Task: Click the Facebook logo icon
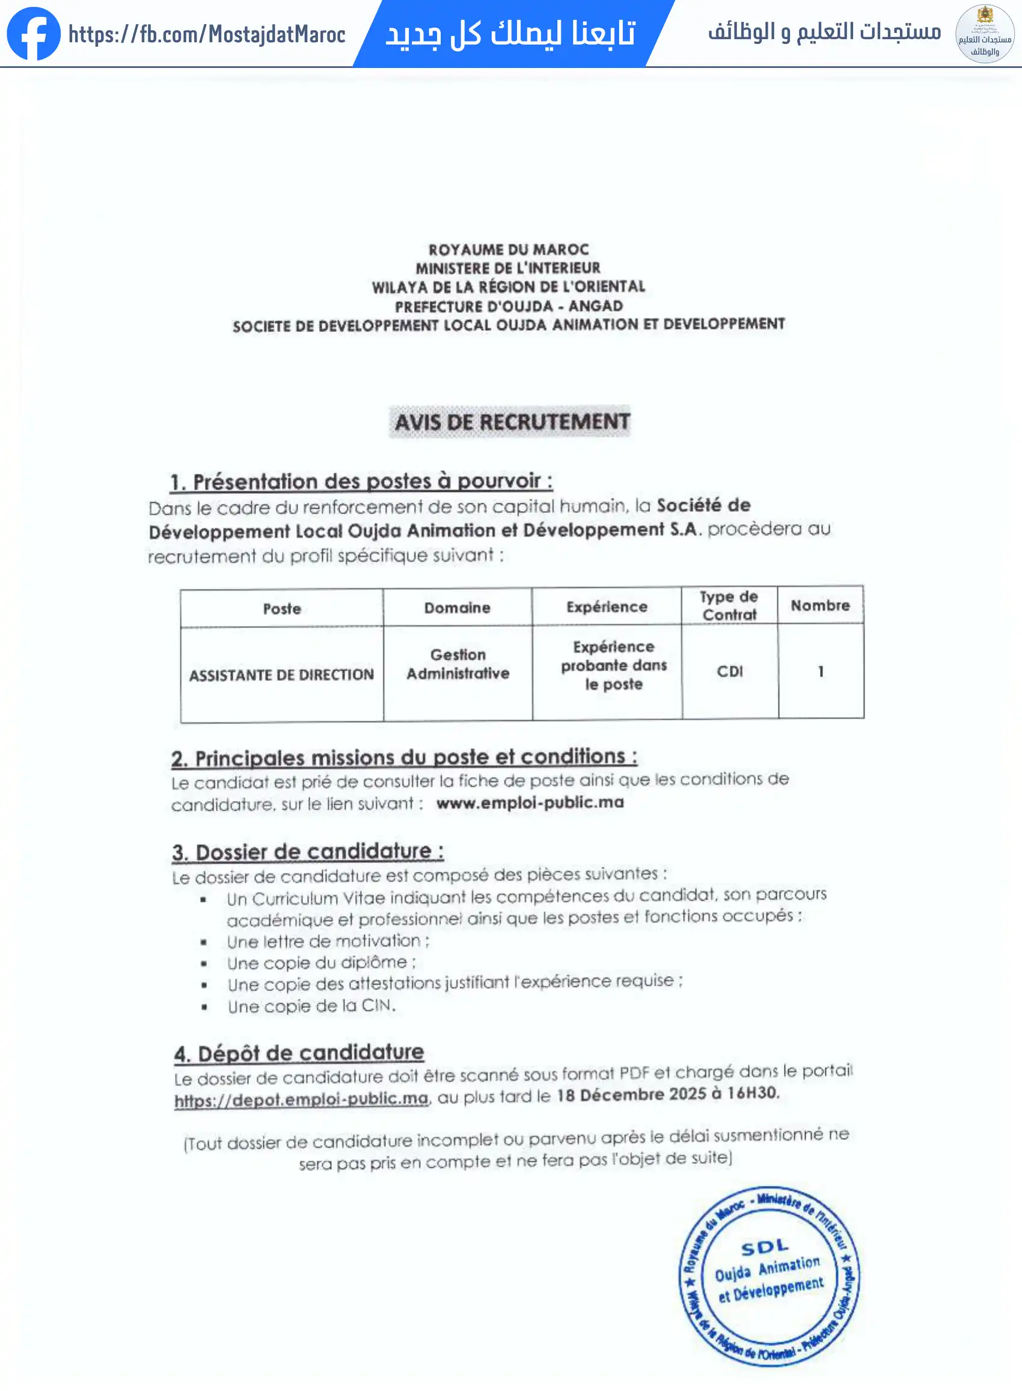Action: [34, 34]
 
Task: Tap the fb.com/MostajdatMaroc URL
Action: [207, 35]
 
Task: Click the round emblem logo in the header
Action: [984, 34]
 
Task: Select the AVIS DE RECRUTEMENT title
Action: [512, 422]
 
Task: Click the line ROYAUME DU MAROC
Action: [509, 250]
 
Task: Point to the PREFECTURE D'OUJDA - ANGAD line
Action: [509, 306]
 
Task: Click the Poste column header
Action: [282, 609]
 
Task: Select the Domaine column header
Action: [457, 607]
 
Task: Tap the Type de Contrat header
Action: [729, 606]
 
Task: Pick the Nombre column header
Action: [821, 605]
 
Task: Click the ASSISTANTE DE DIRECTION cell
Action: [281, 675]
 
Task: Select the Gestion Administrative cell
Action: [458, 664]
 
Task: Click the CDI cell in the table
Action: [730, 671]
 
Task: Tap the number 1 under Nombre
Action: [821, 671]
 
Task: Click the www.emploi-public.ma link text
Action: [530, 803]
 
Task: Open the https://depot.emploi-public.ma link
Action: [301, 1099]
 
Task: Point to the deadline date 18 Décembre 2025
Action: [631, 1095]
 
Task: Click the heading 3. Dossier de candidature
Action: [307, 852]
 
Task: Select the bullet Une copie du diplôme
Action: [321, 963]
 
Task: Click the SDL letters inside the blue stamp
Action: [765, 1247]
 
